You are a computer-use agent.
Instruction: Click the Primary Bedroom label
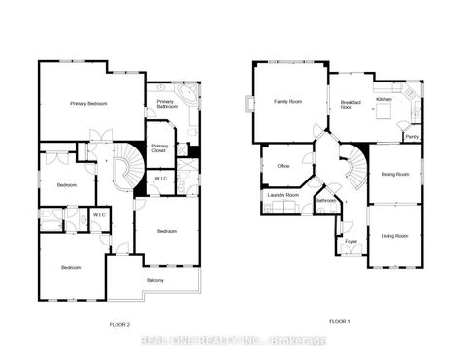pos(87,103)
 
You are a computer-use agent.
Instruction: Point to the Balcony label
pos(154,281)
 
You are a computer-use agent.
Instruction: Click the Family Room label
pos(289,101)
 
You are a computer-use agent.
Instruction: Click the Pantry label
pos(412,137)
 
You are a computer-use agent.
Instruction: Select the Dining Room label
pos(395,174)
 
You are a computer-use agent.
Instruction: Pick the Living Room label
pos(394,236)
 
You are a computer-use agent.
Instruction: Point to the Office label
pos(283,166)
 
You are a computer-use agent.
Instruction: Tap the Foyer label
pos(350,242)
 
